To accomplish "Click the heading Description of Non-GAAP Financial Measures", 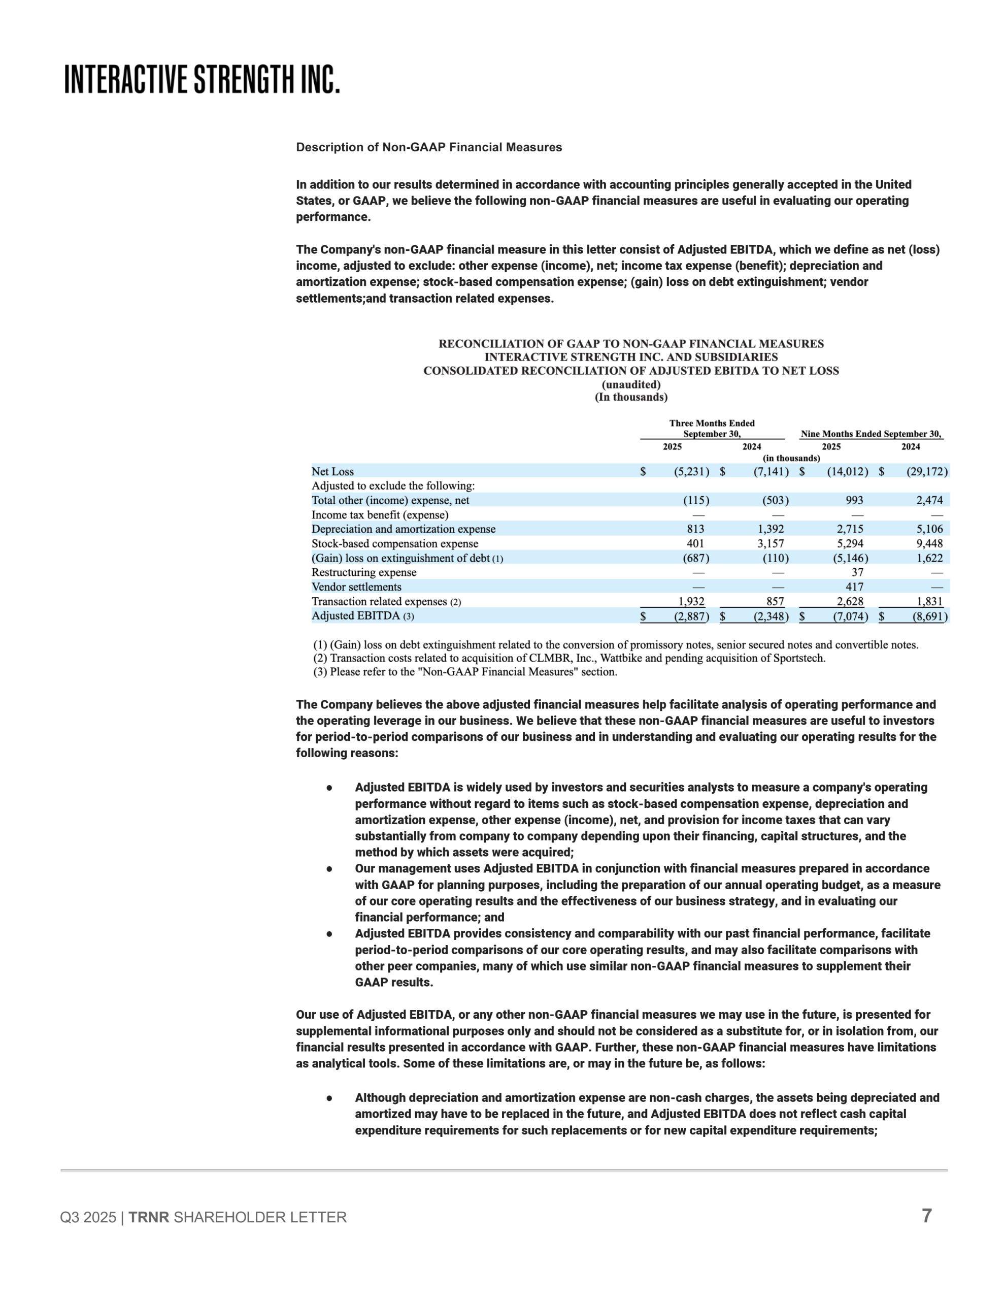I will point(428,147).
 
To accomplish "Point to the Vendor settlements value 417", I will point(854,587).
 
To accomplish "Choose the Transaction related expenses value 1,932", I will point(691,601).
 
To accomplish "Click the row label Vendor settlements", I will point(356,587).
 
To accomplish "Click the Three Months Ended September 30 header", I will point(712,429).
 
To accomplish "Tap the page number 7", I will point(926,1216).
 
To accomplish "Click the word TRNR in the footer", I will point(149,1217).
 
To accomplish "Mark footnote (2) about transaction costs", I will point(569,658).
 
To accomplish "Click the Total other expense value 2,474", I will point(929,500).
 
